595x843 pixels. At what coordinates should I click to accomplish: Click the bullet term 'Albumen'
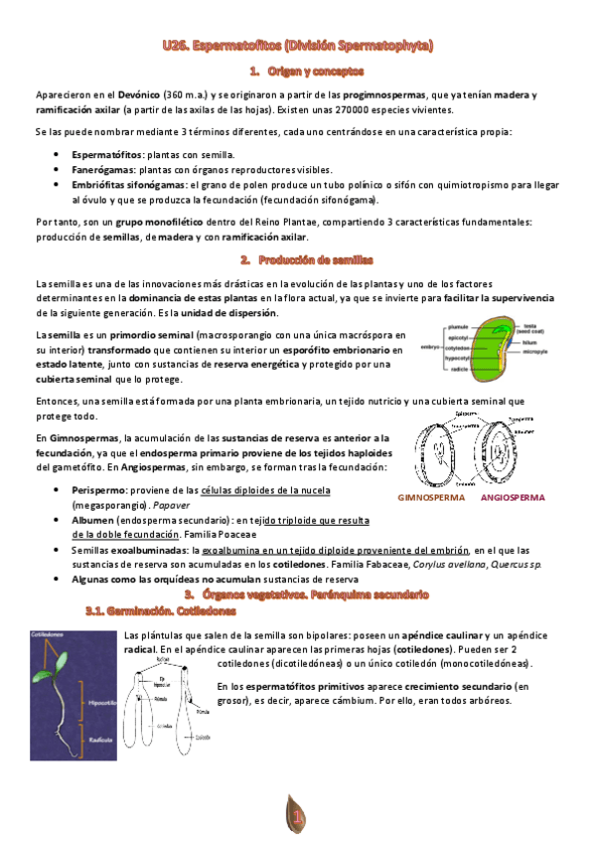[92, 520]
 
